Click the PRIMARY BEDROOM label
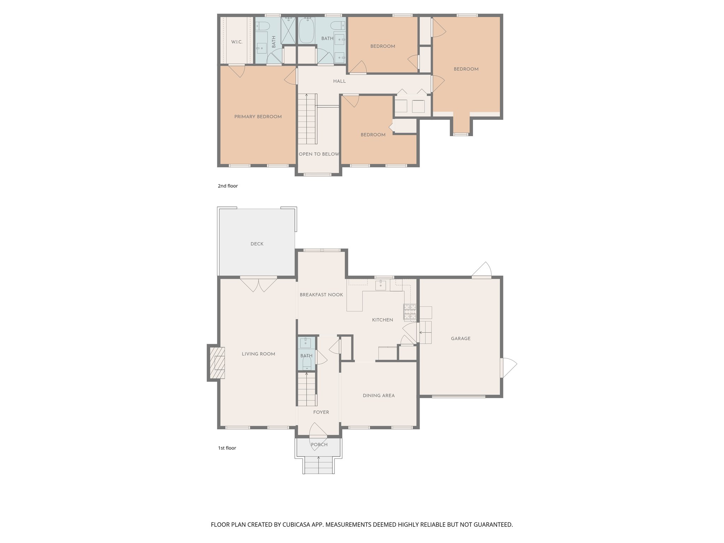coord(258,117)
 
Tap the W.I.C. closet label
coord(237,42)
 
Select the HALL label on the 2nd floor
coord(339,81)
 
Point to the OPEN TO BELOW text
coord(319,154)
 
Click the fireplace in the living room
coord(217,363)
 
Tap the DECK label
coord(257,244)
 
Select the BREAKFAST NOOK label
coord(321,295)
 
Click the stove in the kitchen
coord(410,311)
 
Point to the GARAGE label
coord(460,339)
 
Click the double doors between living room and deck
coord(258,284)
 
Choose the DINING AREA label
coord(378,396)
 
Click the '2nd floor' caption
coord(228,186)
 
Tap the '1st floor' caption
coord(227,448)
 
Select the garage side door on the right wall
coord(508,368)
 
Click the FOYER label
coord(321,412)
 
